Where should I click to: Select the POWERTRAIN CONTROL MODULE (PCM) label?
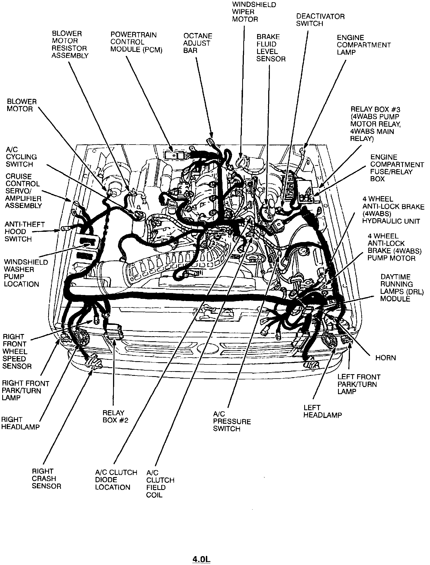click(136, 42)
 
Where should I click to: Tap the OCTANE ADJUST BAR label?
click(198, 43)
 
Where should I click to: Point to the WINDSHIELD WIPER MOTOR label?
click(254, 12)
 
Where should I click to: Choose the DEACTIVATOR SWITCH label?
click(320, 20)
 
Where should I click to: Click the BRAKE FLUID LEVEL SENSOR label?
click(270, 48)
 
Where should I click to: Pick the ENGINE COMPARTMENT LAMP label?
click(364, 45)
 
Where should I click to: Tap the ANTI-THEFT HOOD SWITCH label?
click(24, 232)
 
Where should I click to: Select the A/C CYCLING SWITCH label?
click(21, 157)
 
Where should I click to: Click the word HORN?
click(385, 358)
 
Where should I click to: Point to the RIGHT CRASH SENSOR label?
click(46, 479)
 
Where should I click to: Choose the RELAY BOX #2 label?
click(115, 417)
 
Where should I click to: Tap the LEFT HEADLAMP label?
click(322, 411)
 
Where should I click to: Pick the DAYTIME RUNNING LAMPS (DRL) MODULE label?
click(402, 288)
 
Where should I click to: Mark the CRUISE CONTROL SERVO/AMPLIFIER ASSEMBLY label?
click(23, 191)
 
